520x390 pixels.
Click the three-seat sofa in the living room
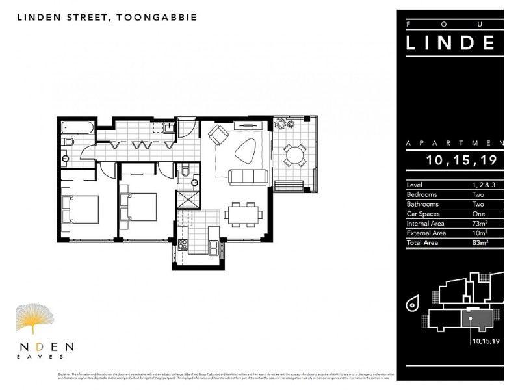(x=247, y=176)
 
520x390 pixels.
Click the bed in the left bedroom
(x=80, y=210)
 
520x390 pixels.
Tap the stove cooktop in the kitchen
(x=183, y=246)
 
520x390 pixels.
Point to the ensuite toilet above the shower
(x=186, y=172)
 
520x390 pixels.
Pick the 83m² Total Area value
(x=480, y=242)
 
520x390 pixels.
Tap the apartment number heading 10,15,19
(x=462, y=160)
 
